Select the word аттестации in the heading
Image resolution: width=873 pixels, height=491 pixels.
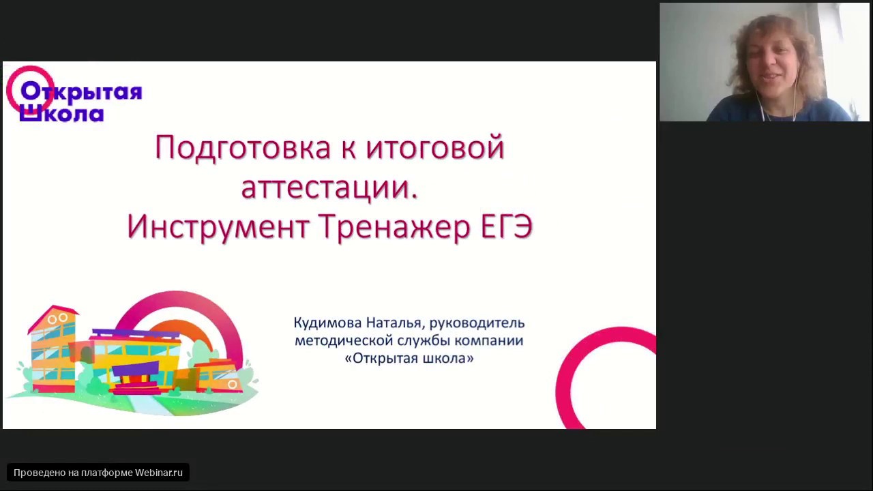tap(328, 188)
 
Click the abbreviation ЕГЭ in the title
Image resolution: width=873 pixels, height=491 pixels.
tap(506, 227)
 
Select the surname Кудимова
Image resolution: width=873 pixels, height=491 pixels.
tap(327, 323)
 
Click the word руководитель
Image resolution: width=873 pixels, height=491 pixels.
tap(477, 323)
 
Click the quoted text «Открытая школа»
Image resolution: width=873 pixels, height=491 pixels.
tap(409, 358)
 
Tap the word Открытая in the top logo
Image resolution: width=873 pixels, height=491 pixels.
tap(81, 92)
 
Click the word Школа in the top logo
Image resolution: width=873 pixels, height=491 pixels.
tap(61, 113)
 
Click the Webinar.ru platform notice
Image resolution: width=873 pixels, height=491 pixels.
tap(98, 473)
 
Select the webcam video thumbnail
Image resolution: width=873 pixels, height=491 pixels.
tap(764, 62)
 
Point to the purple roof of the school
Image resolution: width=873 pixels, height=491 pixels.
tap(136, 334)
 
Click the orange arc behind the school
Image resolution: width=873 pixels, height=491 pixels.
tap(191, 327)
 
